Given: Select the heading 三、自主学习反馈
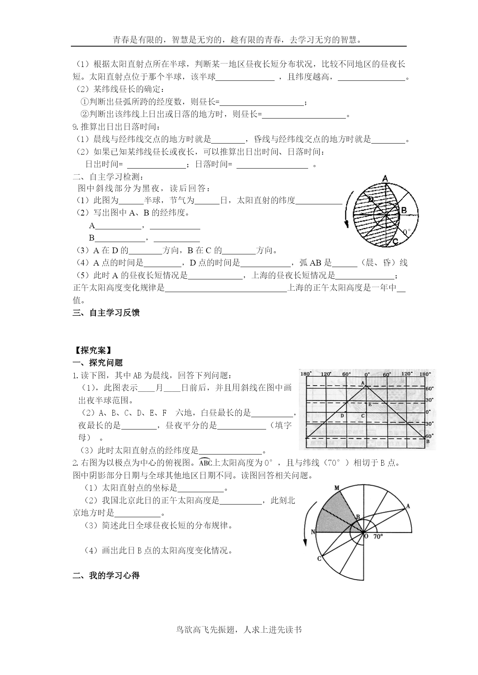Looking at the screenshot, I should coord(106,312).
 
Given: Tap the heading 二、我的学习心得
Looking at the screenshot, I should coord(106,576).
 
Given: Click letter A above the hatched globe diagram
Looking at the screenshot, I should coord(384,178).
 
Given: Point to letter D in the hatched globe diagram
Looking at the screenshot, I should coord(371,199).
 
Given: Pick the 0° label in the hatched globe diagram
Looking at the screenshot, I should coord(406,232).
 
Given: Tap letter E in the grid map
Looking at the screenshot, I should coord(370,404).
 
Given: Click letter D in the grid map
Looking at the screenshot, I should coord(342,416).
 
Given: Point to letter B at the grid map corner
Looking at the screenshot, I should coord(428,441).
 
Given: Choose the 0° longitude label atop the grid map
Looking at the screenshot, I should coord(367,374).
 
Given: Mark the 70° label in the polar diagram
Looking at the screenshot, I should coord(378,536).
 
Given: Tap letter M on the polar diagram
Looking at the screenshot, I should coord(336,488).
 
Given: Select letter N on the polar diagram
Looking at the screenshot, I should coord(313,532).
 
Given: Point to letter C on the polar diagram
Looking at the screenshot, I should coord(319,558).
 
